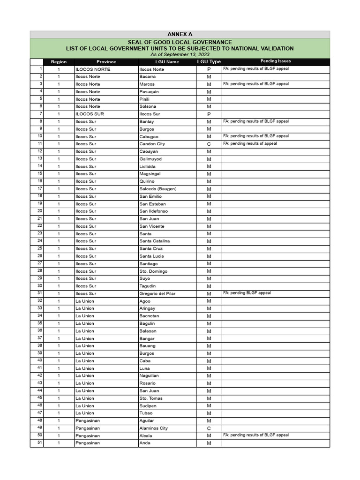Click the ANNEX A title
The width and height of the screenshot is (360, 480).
coord(180,34)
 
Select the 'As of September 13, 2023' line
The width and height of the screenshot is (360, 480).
coord(180,55)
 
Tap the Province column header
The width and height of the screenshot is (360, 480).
coord(106,62)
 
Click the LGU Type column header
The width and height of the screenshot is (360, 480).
coord(209,62)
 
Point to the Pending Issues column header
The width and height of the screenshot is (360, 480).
coord(276,61)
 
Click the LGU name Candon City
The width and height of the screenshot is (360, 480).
coord(152,144)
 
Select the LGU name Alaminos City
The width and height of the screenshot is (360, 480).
coord(153,428)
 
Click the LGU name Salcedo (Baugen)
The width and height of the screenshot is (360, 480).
coord(158,189)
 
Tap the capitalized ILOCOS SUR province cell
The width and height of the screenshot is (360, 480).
coord(88,114)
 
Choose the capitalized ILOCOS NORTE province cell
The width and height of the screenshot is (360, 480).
coord(92,69)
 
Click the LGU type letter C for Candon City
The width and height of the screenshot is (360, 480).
coord(209,144)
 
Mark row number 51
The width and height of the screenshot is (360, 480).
coord(40,442)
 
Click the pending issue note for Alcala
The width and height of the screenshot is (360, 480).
coord(255,435)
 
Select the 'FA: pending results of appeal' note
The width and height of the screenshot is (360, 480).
coord(250,143)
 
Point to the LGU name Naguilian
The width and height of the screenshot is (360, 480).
coord(150,376)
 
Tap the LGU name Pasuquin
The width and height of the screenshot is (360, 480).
coord(149,92)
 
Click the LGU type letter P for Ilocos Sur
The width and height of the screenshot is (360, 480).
coord(209,114)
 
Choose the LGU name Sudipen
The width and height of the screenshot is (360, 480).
coord(148,406)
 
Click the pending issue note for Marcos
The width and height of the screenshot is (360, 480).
coord(255,84)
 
